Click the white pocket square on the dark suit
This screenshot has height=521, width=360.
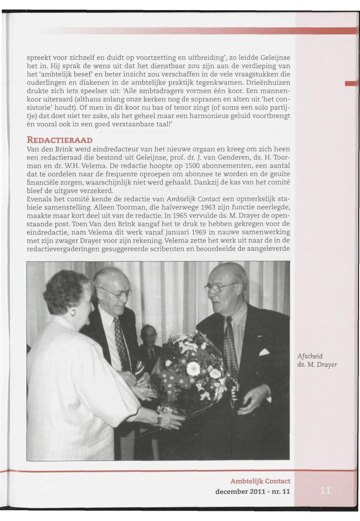click(264, 351)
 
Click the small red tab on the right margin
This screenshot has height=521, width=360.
click(351, 84)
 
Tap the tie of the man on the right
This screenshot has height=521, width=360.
click(231, 341)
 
